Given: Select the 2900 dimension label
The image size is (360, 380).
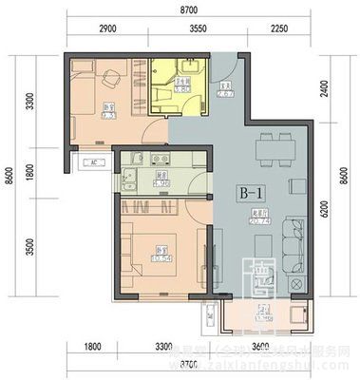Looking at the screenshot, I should [x=107, y=30].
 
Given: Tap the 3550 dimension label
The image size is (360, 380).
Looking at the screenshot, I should [x=198, y=30].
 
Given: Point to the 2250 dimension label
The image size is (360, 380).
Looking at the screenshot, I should [x=278, y=30].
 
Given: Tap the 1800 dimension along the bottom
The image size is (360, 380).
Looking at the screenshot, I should [x=91, y=346].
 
